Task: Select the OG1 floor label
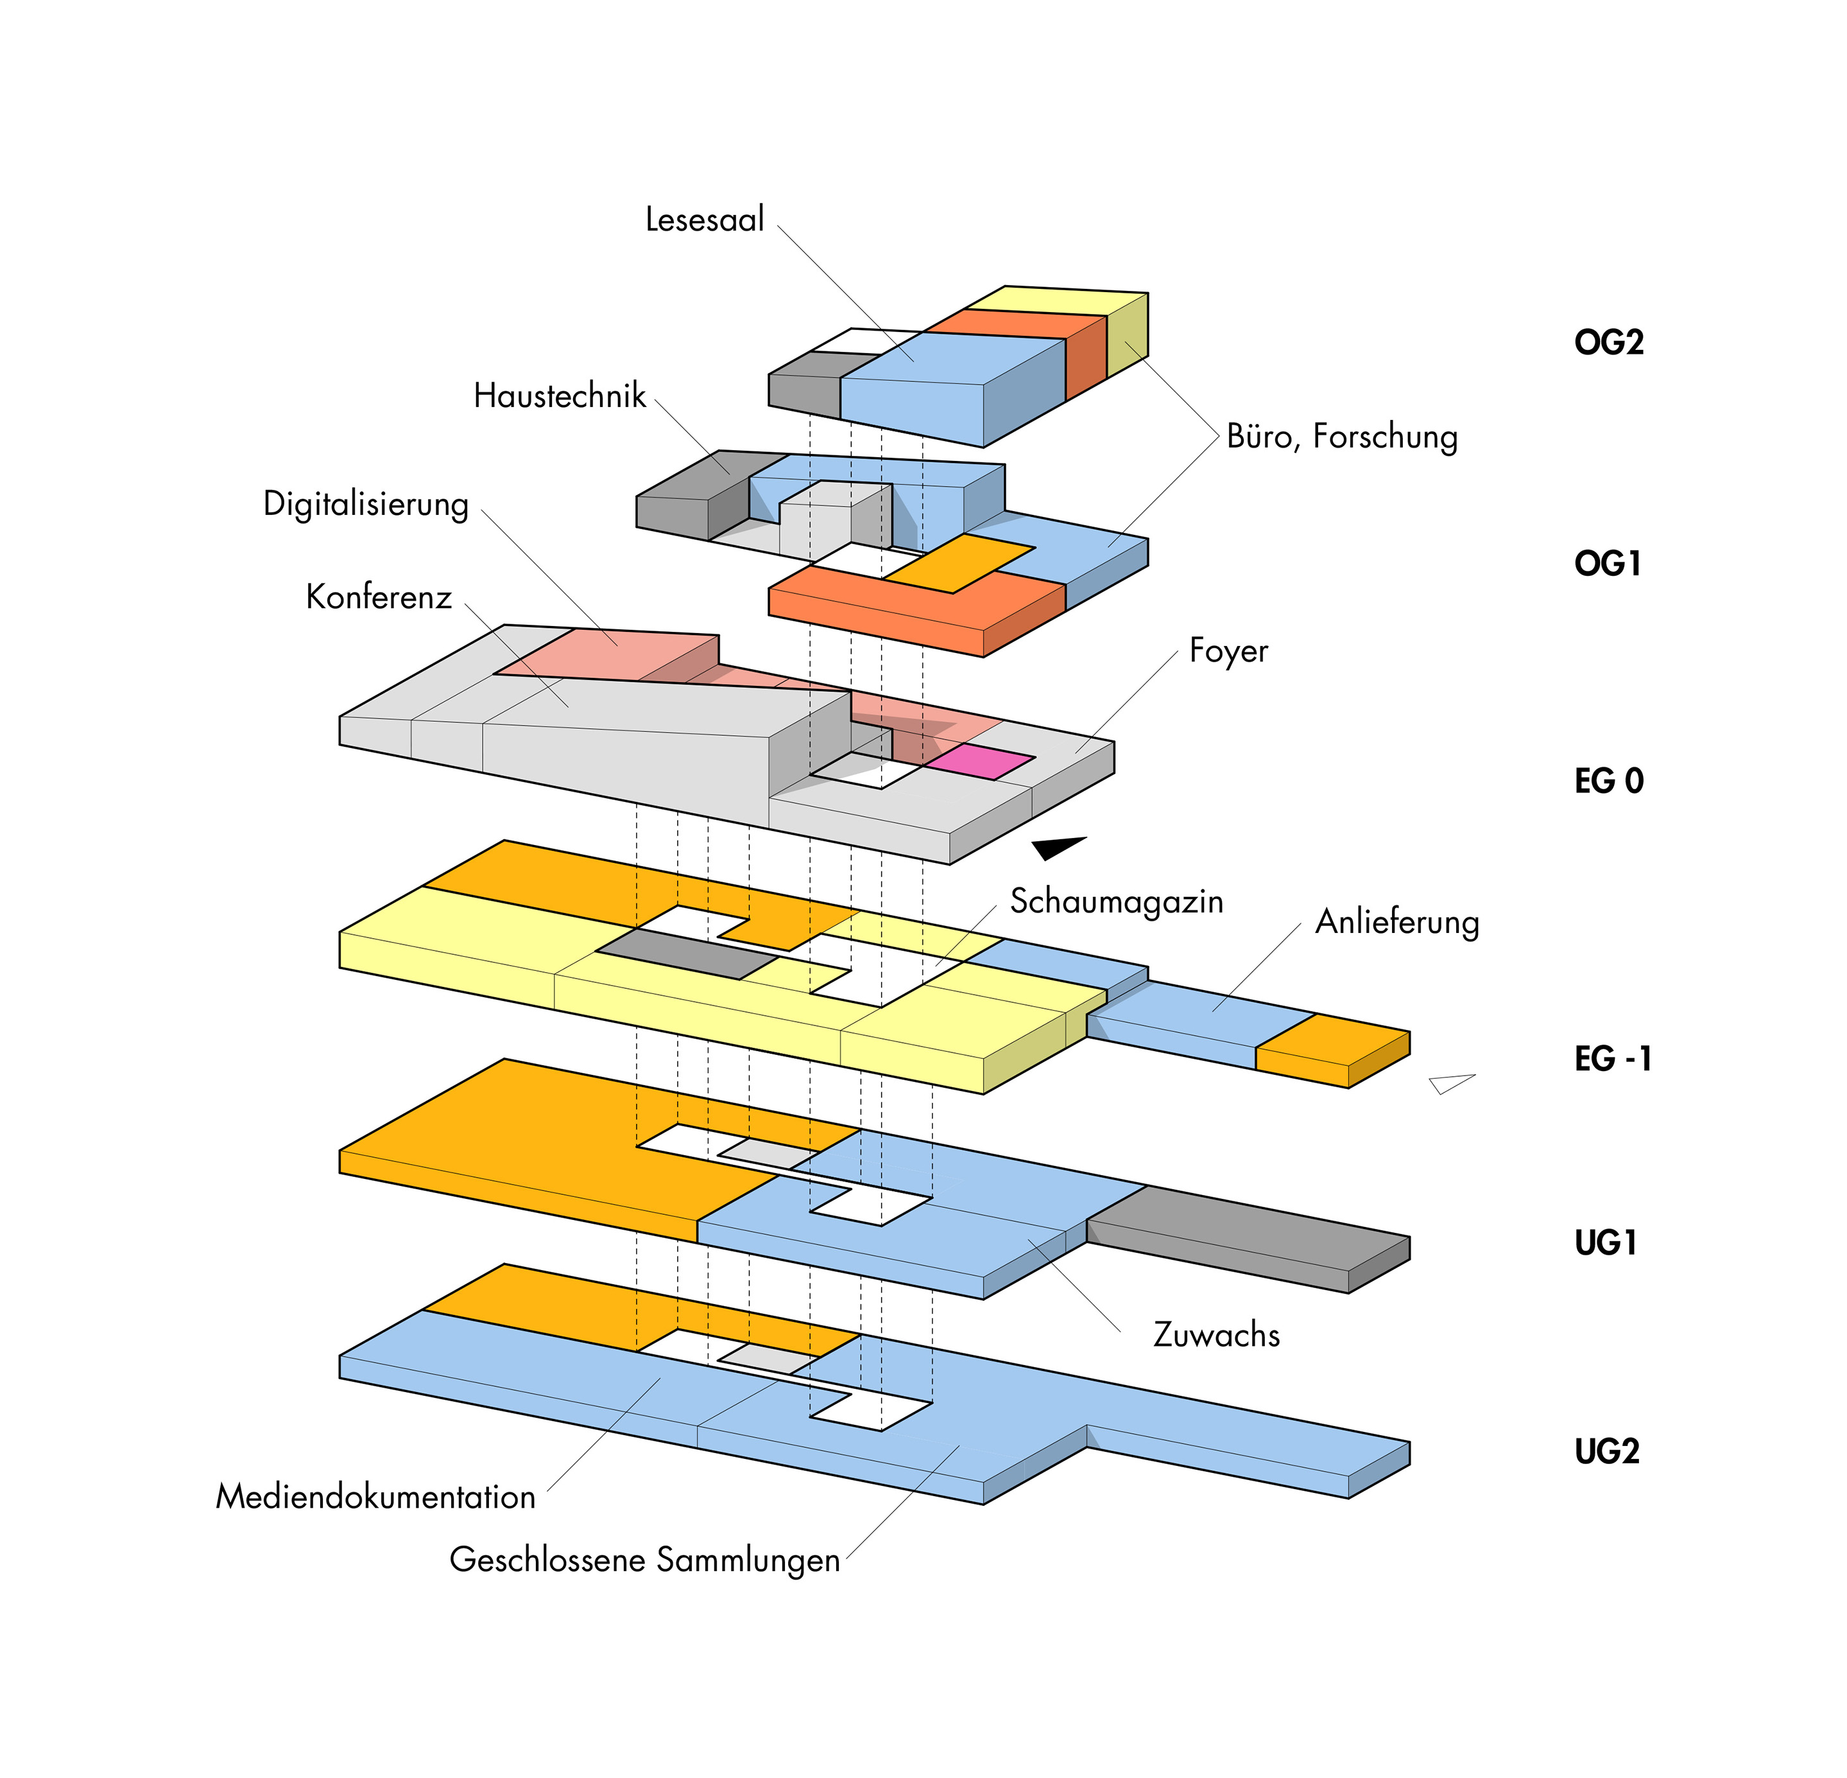[1608, 564]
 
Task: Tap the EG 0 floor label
[1609, 781]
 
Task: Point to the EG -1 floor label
[1612, 1059]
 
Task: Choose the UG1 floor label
[1606, 1242]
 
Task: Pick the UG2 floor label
[1607, 1451]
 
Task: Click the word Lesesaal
[704, 220]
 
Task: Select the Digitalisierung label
[366, 504]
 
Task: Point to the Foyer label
[1228, 650]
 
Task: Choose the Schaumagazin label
[1116, 902]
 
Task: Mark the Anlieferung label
[1396, 922]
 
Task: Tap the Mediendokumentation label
[375, 1497]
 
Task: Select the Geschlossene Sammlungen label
[644, 1560]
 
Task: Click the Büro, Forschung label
[1342, 437]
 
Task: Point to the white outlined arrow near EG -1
[1449, 1082]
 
